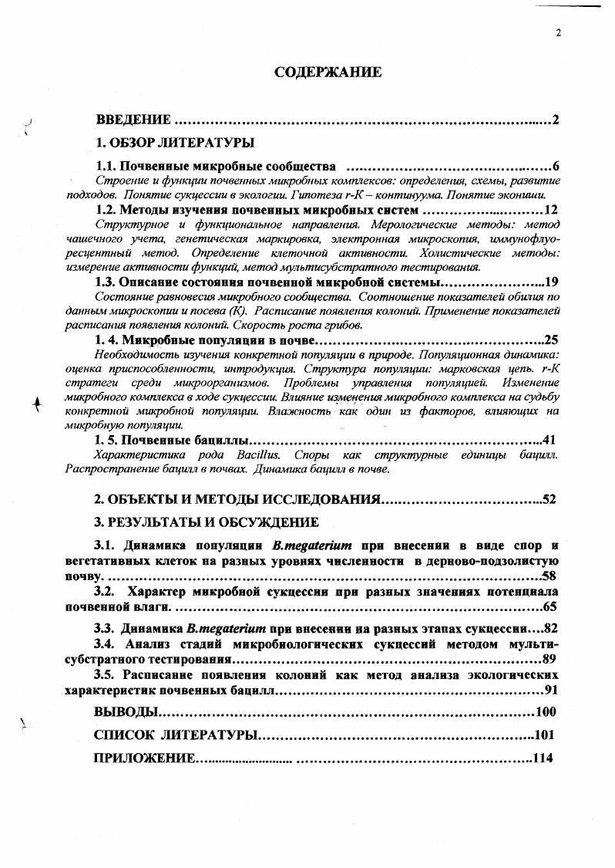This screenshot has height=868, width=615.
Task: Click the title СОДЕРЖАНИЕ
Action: coord(328,73)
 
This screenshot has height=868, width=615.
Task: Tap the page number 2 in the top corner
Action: coord(556,32)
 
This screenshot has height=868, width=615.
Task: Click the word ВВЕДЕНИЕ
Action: coord(132,120)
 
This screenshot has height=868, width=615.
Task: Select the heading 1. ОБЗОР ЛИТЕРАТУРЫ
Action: coord(174,143)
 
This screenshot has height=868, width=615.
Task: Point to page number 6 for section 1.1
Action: coord(555,167)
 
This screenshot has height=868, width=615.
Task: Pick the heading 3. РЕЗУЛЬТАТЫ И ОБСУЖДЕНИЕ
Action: coord(206,522)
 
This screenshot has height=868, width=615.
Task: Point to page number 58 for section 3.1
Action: coord(549,576)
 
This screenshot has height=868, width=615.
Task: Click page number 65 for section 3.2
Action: coord(549,606)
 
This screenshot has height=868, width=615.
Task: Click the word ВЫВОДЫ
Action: coord(126,711)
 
